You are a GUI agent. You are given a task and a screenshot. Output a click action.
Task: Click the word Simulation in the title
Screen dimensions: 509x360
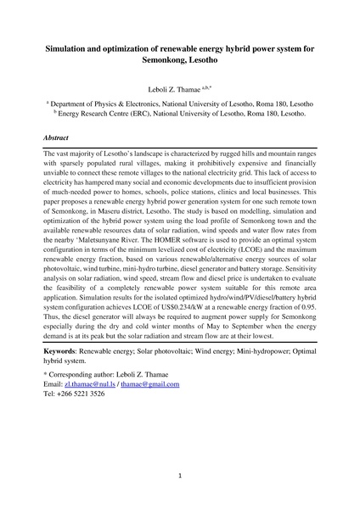[75, 50]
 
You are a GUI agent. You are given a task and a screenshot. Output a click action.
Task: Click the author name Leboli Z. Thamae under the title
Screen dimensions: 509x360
[177, 87]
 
